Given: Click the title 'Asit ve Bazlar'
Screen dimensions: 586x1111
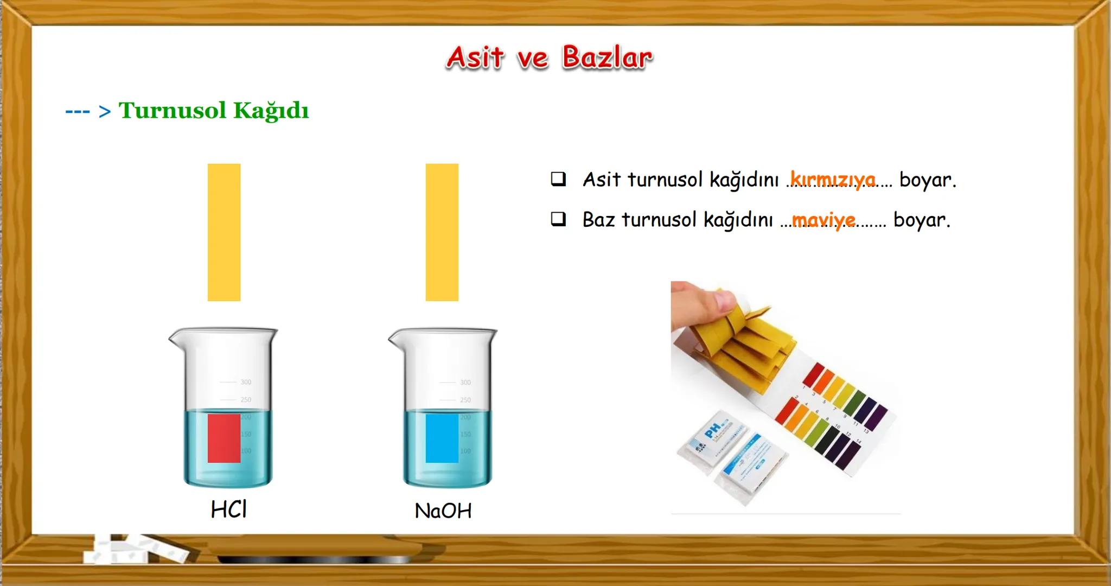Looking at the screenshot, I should pos(549,58).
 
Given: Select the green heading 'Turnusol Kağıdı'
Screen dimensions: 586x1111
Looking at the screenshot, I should pos(214,111).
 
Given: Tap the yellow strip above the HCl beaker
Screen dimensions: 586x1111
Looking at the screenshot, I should pos(224,232).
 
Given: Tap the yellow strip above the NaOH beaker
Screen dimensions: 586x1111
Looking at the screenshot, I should pos(442,232).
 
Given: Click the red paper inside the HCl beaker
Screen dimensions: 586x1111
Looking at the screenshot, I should pos(224,438).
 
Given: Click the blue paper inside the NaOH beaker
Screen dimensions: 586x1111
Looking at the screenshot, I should pos(442,438).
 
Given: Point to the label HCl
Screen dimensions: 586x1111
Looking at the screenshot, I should pos(229,509).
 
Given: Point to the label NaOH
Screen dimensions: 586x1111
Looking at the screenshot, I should pos(443,511).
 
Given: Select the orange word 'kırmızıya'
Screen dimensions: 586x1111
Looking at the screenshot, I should pos(833,179).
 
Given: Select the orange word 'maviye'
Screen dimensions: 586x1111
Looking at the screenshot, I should pos(823,220).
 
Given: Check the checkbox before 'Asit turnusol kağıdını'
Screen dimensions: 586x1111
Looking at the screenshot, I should pos(558,179).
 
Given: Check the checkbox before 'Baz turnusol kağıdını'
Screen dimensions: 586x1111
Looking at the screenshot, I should pos(558,219).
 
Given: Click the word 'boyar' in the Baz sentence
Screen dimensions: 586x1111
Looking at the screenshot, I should pos(921,220).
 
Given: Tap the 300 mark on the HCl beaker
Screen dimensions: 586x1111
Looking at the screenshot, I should pos(246,382).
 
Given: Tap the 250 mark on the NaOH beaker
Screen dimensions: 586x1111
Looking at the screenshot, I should pos(465,400).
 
